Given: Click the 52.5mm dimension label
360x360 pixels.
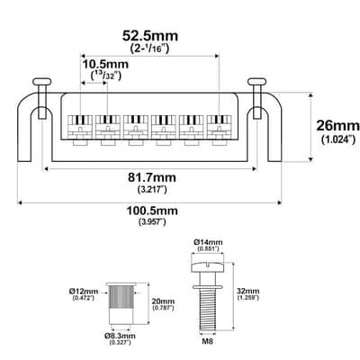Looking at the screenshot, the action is click(150, 36).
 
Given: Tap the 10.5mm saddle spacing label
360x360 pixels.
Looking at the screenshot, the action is click(105, 64).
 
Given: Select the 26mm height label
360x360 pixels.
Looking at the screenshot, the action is click(337, 125).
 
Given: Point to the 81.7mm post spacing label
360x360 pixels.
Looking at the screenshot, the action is click(152, 177).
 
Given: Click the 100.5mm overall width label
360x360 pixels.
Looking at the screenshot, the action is click(152, 211).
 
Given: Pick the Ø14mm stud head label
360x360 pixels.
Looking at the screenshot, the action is click(208, 242).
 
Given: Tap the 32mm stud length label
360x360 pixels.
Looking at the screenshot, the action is click(247, 291).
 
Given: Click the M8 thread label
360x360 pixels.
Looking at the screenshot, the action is click(208, 341).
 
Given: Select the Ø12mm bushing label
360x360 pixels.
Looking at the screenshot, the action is click(84, 291).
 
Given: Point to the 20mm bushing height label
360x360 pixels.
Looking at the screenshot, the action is click(163, 301).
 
